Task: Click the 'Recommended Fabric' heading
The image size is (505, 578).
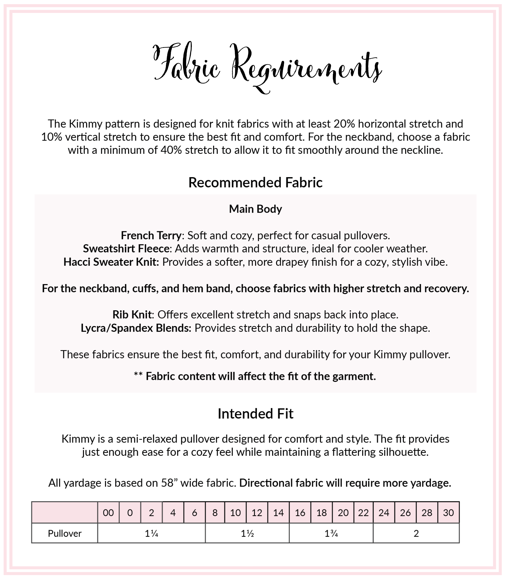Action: point(255,182)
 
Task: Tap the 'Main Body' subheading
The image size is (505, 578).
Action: point(255,209)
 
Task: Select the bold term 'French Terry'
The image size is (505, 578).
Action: point(151,235)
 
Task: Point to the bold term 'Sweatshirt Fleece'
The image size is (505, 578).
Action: point(126,249)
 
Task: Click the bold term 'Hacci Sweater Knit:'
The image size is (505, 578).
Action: point(111,262)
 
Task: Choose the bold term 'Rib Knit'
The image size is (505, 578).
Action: point(132,314)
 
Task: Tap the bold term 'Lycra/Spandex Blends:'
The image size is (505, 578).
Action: point(136,328)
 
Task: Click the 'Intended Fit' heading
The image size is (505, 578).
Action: point(255,414)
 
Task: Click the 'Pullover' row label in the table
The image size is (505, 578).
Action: point(65,533)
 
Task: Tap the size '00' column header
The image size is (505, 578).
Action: point(108,513)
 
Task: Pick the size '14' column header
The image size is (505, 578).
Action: point(278,513)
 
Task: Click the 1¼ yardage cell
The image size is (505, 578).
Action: point(151,533)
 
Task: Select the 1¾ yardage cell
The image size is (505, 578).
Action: point(331,533)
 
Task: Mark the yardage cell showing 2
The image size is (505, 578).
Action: point(416,533)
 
